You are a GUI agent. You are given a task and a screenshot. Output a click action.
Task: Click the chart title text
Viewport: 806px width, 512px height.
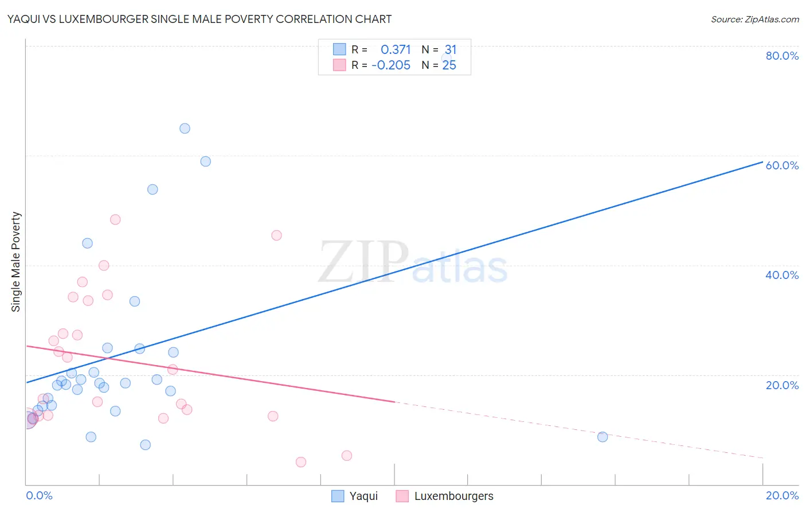tap(199, 19)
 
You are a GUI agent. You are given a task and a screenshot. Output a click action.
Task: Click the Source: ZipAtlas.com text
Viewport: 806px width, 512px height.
tap(754, 19)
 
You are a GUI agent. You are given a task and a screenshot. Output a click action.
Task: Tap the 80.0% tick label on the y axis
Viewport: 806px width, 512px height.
tap(782, 56)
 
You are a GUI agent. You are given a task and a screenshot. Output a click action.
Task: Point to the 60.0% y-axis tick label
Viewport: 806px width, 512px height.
tap(782, 165)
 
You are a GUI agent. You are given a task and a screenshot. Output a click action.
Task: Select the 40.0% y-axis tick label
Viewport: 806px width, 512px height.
tap(782, 275)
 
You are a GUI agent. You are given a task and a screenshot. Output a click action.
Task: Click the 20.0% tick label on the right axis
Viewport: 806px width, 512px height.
tap(782, 385)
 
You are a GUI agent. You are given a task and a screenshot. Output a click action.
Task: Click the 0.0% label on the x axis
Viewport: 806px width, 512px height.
tap(39, 495)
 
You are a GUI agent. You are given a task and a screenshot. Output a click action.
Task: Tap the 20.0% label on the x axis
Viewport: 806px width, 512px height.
tap(782, 495)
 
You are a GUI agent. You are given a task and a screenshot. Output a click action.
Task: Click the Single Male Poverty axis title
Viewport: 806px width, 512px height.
tap(16, 262)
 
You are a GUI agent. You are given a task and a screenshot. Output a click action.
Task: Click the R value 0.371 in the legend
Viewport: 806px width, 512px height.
tap(396, 50)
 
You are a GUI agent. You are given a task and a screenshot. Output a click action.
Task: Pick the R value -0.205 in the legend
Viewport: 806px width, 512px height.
tap(391, 65)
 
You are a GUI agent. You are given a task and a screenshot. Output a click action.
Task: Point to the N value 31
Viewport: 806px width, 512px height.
tap(451, 50)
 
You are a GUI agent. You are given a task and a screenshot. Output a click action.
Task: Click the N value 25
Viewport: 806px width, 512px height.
tap(449, 65)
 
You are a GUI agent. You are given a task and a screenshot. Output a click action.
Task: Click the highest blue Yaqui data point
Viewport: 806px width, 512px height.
tap(185, 129)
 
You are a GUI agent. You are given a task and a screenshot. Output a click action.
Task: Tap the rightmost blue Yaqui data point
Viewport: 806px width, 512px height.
tap(602, 437)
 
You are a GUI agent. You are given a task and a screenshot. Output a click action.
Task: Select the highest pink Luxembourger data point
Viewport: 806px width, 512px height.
tap(115, 219)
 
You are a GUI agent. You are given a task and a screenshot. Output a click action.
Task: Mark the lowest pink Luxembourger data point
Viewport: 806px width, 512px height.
tap(301, 462)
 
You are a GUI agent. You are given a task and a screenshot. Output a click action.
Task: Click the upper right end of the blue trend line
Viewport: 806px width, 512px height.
tap(762, 162)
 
